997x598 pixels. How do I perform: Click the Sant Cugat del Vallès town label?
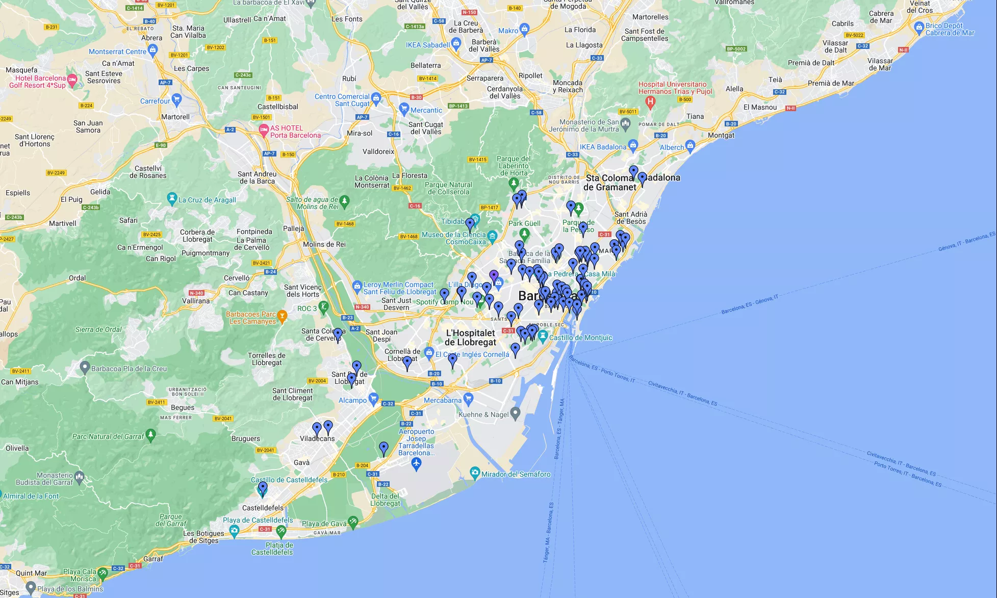(x=426, y=128)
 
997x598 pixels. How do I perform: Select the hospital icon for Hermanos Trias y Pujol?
(x=650, y=101)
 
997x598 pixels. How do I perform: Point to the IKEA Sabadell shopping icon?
(x=456, y=44)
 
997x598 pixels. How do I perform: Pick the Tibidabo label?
(x=452, y=221)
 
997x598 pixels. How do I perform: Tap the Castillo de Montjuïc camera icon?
(x=543, y=336)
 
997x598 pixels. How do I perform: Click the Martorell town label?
(x=175, y=117)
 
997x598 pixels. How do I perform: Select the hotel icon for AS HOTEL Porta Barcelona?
(x=264, y=130)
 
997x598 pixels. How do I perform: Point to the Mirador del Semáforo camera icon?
(x=475, y=473)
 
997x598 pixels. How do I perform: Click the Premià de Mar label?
(x=831, y=83)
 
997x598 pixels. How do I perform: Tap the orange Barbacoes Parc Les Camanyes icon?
(x=282, y=316)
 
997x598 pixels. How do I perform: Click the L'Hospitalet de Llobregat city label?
(x=470, y=337)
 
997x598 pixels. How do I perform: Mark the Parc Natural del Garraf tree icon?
(x=150, y=434)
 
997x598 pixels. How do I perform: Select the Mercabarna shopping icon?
(x=468, y=399)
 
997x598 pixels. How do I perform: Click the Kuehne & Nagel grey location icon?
(x=516, y=412)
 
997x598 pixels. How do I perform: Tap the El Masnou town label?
(x=760, y=107)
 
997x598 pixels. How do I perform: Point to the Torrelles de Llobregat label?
(x=267, y=359)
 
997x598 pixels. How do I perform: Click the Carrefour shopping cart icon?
(x=176, y=99)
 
